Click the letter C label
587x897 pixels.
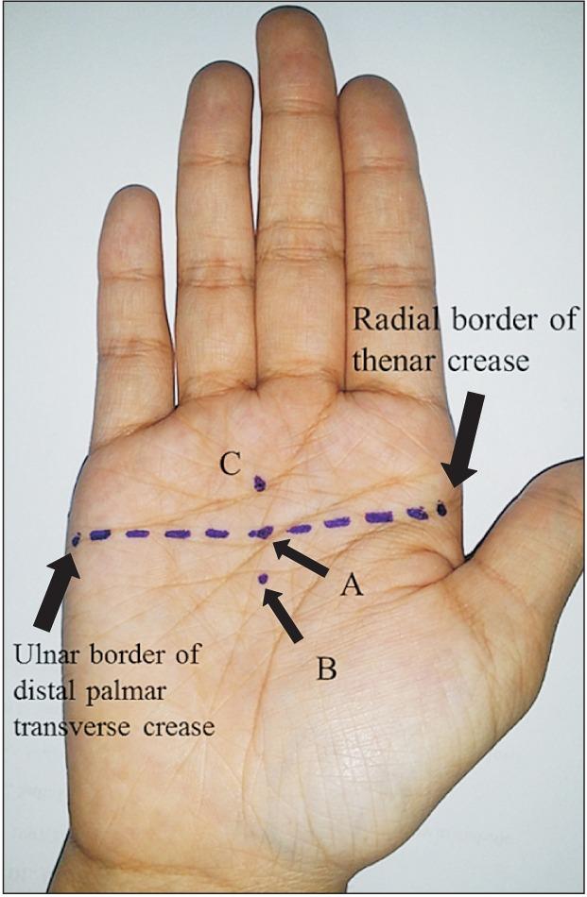point(231,464)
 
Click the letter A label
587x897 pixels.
point(352,587)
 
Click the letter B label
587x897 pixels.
point(326,670)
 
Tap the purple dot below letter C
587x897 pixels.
point(260,484)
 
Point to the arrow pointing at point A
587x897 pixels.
point(301,557)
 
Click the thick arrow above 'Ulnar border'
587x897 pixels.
point(56,590)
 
